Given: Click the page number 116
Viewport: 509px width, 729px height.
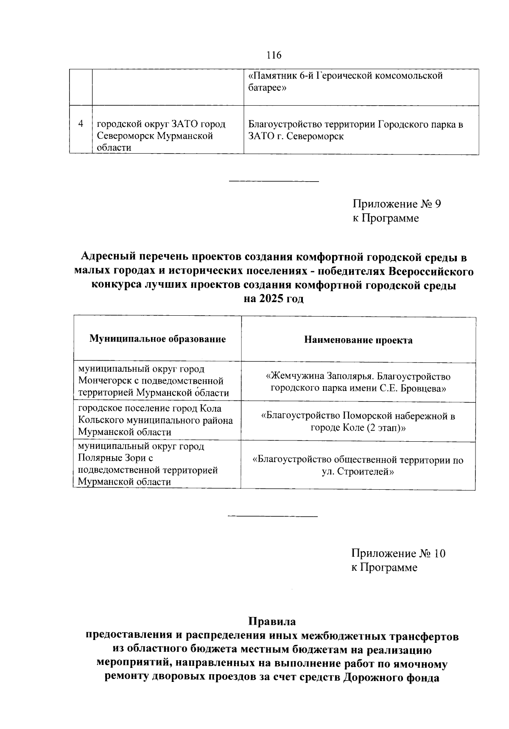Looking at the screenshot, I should click(274, 55).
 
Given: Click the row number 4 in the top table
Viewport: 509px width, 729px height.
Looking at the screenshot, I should click(81, 124).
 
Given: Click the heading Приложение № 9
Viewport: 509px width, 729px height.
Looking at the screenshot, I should click(397, 204).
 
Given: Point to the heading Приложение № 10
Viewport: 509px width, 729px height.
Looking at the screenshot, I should click(398, 553).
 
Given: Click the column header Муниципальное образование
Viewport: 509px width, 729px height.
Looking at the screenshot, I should click(157, 339).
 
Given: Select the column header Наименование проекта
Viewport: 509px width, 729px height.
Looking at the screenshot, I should click(358, 340).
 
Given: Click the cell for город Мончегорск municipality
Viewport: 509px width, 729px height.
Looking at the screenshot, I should click(157, 381).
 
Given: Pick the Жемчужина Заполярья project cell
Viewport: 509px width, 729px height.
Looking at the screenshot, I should click(358, 382).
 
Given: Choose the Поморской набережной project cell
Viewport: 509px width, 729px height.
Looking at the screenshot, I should click(358, 421).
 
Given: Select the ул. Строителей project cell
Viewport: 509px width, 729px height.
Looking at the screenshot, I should click(358, 465).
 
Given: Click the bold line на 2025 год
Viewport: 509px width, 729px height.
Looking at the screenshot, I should click(274, 299).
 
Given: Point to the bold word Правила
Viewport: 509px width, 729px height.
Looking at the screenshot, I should click(272, 622).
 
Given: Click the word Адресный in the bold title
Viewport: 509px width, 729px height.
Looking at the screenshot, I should click(104, 257).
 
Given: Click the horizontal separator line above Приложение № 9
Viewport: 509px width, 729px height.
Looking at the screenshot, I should click(274, 182).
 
